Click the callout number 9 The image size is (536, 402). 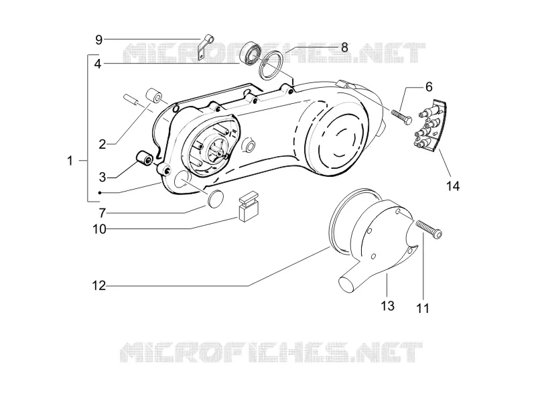click(x=98, y=40)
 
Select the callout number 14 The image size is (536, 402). click(x=453, y=186)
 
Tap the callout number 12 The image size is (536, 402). click(x=99, y=285)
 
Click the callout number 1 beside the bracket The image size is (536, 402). click(x=70, y=160)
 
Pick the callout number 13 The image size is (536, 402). click(x=388, y=306)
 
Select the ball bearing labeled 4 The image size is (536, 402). click(x=251, y=55)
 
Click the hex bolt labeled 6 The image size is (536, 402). click(x=401, y=117)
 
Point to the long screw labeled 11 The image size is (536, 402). click(x=429, y=228)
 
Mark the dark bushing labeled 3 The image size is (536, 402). click(x=145, y=159)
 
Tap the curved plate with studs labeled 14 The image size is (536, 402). click(x=430, y=125)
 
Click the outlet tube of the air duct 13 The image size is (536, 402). click(x=351, y=279)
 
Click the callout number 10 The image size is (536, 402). click(x=99, y=229)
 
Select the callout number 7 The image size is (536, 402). click(x=103, y=213)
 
